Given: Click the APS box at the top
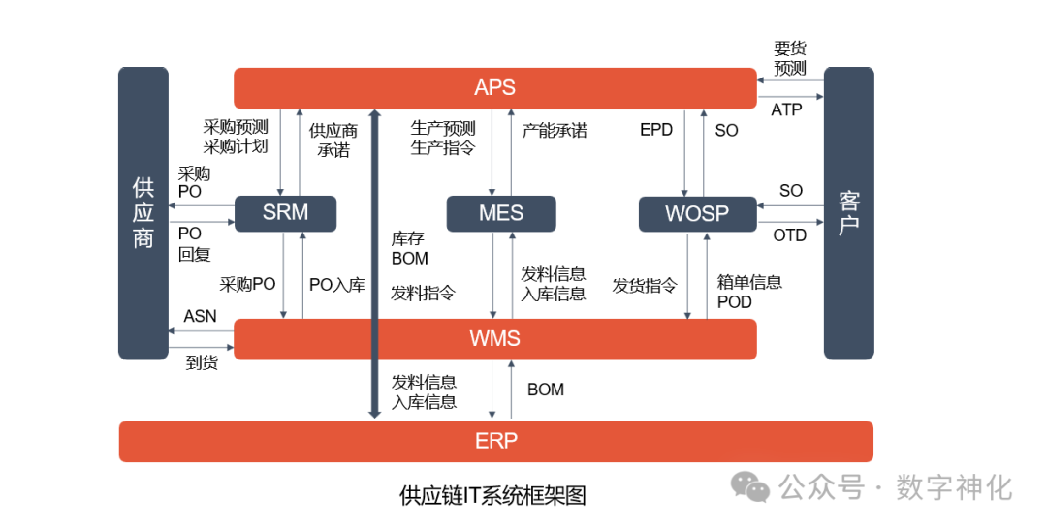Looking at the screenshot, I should click(494, 88).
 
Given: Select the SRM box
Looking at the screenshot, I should click(285, 213).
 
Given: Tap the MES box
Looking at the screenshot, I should click(500, 213).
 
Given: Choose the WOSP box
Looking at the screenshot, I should click(697, 213).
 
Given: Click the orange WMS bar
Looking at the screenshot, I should click(494, 339).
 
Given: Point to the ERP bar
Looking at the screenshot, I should click(495, 442).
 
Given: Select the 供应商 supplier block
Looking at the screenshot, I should click(143, 213).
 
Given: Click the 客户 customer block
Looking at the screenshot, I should click(848, 213).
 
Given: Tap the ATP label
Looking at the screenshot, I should click(786, 110).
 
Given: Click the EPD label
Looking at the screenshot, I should click(656, 130).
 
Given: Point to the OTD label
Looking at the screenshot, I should click(790, 235).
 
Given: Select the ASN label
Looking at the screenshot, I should click(200, 316).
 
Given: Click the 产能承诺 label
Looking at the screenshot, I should click(555, 130).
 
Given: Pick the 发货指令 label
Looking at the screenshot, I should click(645, 286).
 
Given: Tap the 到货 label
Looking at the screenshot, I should click(202, 363).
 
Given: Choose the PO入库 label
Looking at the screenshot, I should click(336, 285).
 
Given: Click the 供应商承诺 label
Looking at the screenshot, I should click(333, 140).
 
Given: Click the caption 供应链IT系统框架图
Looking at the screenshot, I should click(493, 496).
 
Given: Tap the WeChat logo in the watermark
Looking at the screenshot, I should click(750, 486).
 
